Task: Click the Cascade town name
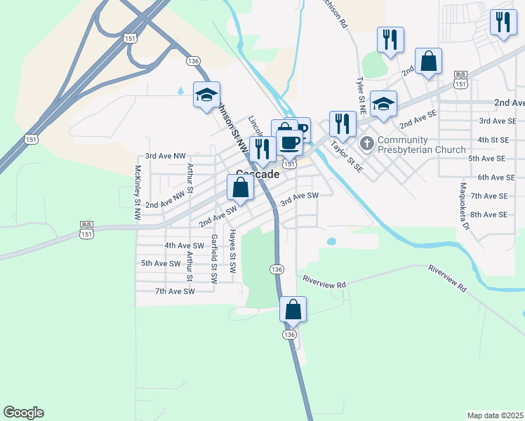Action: (258, 174)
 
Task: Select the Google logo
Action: (23, 413)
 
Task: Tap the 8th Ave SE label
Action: (489, 214)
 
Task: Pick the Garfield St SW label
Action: (213, 258)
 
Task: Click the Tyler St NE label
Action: (361, 96)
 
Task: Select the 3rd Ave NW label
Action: (165, 156)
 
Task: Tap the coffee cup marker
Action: (288, 142)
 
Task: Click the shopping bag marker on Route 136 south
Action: (293, 309)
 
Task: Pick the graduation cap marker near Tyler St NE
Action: (383, 105)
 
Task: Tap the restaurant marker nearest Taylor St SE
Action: (341, 124)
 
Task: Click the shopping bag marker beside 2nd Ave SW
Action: (240, 188)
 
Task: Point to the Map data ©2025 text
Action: (495, 415)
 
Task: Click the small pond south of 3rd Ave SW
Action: (331, 241)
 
